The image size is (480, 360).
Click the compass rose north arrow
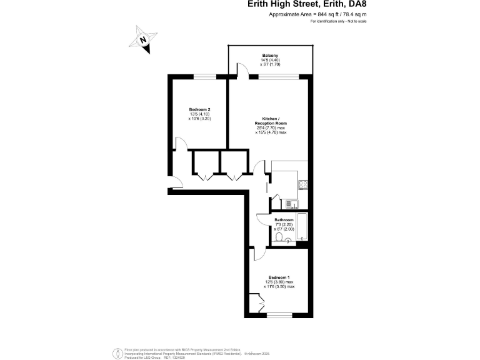144,39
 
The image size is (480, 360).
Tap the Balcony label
270,55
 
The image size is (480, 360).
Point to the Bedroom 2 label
199,109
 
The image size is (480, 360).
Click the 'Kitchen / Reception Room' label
271,121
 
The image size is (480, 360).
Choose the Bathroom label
284,220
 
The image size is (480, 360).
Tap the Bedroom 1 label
279,277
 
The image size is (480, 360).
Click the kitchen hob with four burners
303,184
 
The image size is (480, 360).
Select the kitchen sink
292,202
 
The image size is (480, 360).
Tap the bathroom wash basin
289,239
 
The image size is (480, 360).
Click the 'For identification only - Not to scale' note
338,21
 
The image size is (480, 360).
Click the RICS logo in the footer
116,352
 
